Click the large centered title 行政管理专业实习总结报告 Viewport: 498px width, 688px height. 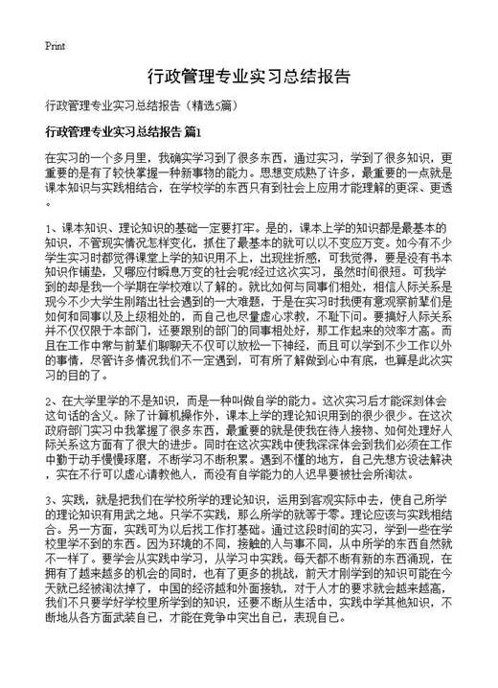(248, 76)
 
